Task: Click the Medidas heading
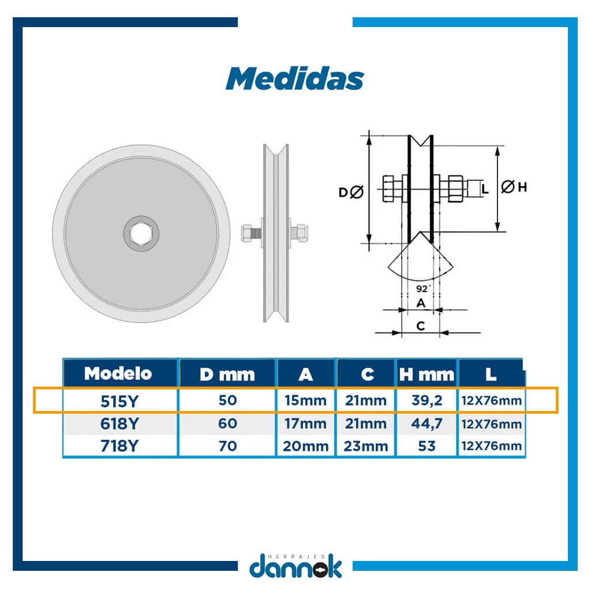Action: [294, 78]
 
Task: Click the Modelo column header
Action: [118, 373]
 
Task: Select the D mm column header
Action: [227, 375]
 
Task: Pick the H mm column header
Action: [427, 375]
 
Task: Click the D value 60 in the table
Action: [227, 424]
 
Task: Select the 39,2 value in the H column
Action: [427, 401]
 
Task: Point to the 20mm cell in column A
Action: [306, 446]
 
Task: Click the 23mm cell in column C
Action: [365, 446]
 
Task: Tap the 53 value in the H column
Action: [427, 446]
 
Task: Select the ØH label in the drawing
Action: [514, 187]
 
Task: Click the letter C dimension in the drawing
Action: [421, 326]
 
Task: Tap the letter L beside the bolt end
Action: [485, 188]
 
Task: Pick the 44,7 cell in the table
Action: [427, 424]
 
